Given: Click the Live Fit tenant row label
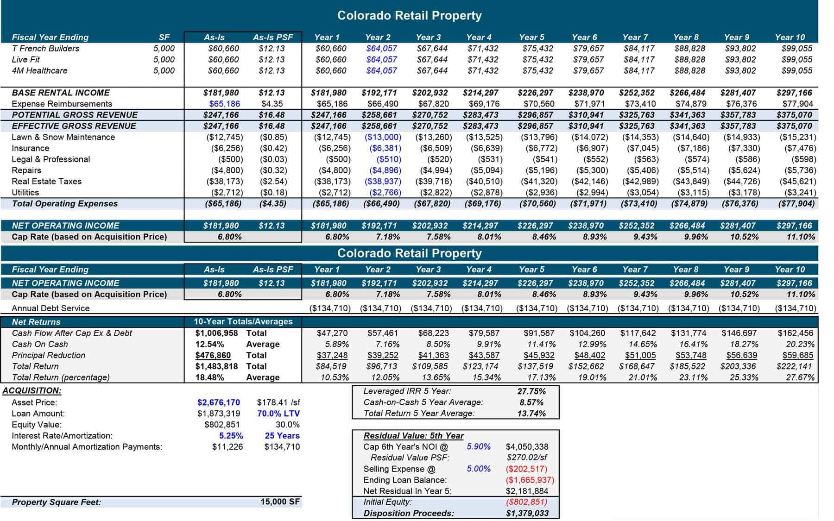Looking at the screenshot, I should click(x=25, y=59).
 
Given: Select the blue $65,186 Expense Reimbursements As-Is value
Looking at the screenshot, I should click(x=224, y=104).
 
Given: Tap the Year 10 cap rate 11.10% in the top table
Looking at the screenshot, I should click(x=800, y=237).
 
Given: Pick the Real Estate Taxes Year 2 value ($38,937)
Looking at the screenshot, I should click(x=383, y=182).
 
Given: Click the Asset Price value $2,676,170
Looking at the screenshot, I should click(x=218, y=402).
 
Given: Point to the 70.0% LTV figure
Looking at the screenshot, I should click(x=278, y=414).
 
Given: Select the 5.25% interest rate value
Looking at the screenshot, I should click(x=231, y=436).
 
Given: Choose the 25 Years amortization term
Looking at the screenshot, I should click(x=282, y=436).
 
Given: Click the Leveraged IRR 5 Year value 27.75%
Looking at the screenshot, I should click(x=531, y=391).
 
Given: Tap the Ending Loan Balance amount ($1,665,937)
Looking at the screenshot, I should click(x=530, y=480).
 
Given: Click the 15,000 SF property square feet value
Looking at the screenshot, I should click(x=280, y=502).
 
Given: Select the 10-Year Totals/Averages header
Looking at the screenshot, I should click(x=243, y=321).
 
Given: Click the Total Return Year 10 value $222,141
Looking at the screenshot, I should click(x=795, y=366).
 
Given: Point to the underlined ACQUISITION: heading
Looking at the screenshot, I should click(x=32, y=390).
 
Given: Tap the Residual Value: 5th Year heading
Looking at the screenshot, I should click(x=413, y=436).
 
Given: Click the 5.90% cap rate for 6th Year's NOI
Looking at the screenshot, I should click(x=478, y=446).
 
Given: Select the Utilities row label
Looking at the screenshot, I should click(x=25, y=193).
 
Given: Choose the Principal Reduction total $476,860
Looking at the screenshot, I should click(x=213, y=355).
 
